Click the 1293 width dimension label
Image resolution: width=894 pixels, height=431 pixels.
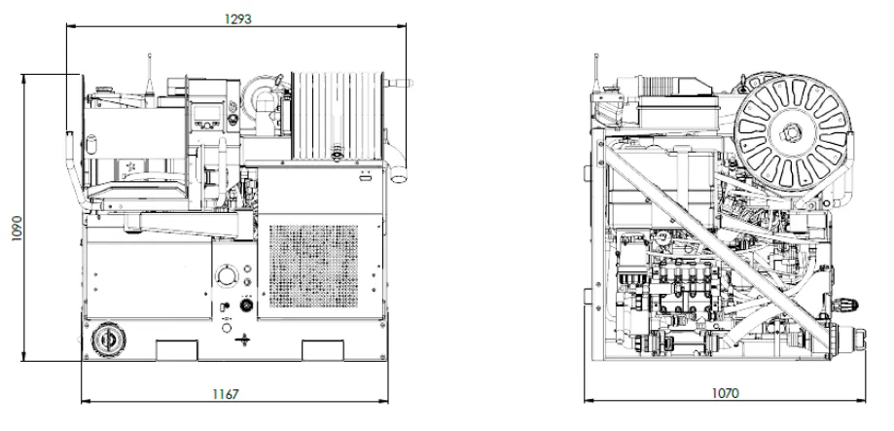(x=237, y=18)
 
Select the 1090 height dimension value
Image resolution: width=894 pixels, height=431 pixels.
(x=17, y=228)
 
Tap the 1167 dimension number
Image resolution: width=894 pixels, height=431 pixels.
(x=226, y=394)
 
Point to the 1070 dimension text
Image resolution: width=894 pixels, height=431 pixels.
(x=726, y=393)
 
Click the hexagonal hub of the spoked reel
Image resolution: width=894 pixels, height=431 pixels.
(x=793, y=133)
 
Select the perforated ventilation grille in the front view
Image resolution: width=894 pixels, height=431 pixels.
(x=313, y=266)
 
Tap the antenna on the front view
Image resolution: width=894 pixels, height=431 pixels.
(x=150, y=73)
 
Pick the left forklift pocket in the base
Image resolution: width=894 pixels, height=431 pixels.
(x=177, y=350)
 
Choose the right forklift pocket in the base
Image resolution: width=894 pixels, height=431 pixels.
(x=323, y=350)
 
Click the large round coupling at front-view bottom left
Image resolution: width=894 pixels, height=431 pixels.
(x=107, y=341)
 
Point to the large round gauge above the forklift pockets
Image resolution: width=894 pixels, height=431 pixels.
(x=227, y=276)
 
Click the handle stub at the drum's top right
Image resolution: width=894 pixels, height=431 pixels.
(x=399, y=84)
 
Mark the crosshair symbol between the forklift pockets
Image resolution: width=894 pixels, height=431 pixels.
(x=243, y=340)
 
